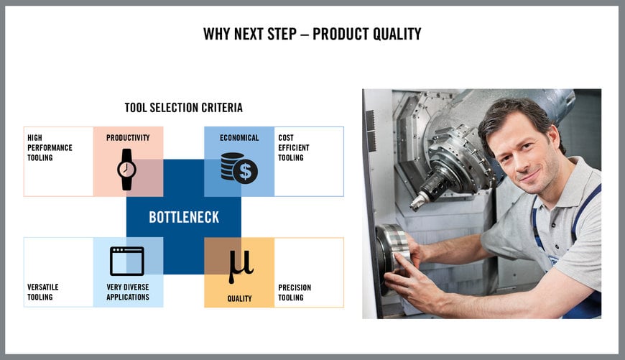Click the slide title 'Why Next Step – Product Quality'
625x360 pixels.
(312, 34)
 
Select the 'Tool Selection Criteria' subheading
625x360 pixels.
(183, 108)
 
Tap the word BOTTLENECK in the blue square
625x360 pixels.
(183, 217)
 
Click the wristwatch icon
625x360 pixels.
(127, 169)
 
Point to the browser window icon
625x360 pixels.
(127, 261)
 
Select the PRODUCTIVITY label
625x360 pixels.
(128, 138)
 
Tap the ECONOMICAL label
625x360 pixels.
(239, 138)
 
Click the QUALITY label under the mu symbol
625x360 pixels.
(239, 298)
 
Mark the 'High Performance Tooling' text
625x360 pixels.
(50, 147)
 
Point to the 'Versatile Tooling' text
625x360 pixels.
(43, 292)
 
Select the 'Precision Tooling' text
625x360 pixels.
(295, 292)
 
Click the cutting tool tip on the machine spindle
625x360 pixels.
(415, 205)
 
